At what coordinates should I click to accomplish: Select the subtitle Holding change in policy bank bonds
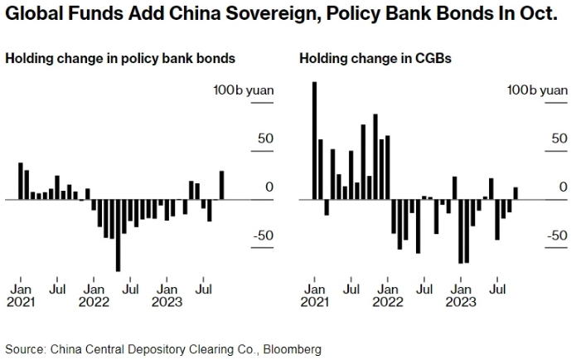(x=120, y=59)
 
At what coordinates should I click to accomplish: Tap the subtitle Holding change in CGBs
(x=358, y=59)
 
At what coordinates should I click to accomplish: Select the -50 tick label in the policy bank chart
(x=263, y=236)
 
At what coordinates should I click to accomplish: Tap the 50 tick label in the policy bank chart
(x=265, y=139)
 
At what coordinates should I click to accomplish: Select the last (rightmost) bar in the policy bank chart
(x=222, y=185)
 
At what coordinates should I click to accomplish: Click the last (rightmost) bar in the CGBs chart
(x=516, y=193)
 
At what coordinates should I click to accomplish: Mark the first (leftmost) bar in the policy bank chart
(x=21, y=181)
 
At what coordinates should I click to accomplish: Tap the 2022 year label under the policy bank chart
(x=94, y=302)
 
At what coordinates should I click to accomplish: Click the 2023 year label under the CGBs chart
(x=461, y=302)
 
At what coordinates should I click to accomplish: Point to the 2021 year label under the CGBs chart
(x=314, y=302)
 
